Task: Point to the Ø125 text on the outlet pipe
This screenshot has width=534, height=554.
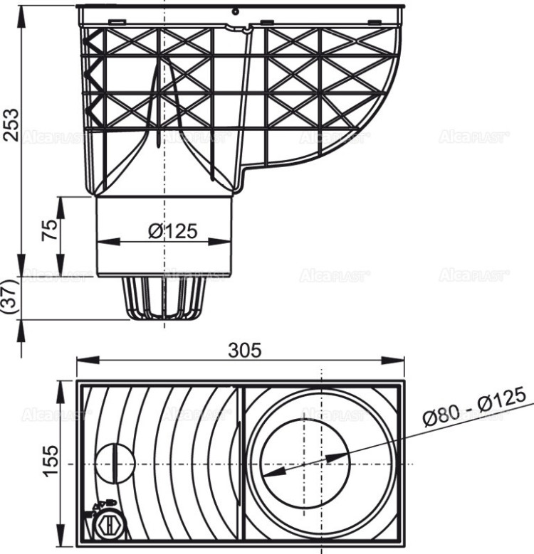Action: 172,231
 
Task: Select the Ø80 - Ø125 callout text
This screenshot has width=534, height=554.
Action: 473,407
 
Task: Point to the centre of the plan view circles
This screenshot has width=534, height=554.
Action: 320,463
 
